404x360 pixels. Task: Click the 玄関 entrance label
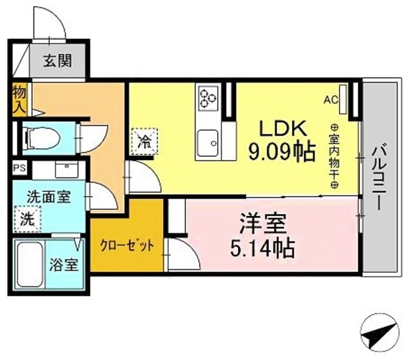point(57,61)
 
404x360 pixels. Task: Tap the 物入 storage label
point(18,100)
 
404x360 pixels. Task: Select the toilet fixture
point(42,135)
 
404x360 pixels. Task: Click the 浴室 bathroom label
point(65,264)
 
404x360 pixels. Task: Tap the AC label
point(331,100)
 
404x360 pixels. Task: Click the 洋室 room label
point(263,223)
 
